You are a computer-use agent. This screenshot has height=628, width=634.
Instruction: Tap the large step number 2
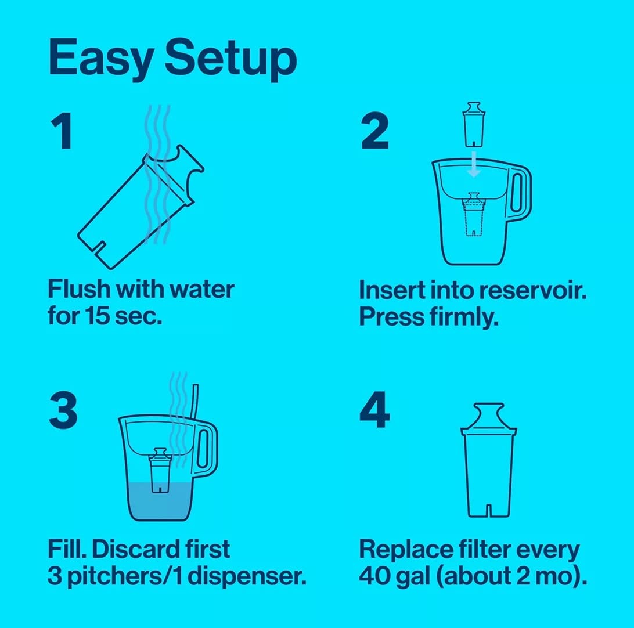pyautogui.click(x=375, y=133)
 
